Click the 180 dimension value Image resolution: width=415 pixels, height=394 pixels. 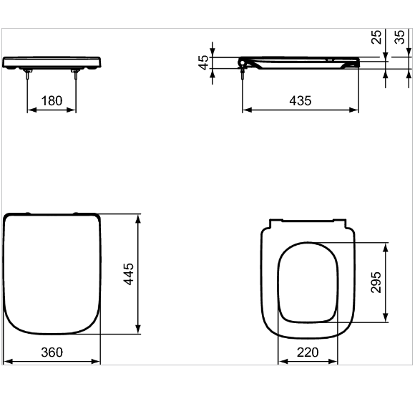point(52,101)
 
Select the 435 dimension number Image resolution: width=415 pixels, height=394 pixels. point(300,101)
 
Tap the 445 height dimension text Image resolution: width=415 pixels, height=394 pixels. point(129,273)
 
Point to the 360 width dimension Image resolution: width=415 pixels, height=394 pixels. point(52,352)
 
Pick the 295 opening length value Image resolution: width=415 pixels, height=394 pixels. point(376,282)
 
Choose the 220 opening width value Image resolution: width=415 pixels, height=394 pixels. point(308,352)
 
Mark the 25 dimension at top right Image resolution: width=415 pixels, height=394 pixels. point(376,37)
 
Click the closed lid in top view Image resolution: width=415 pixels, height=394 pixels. point(52,272)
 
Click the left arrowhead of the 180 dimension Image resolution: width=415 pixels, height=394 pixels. point(31,111)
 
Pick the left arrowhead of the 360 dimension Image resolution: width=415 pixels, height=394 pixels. point(6,361)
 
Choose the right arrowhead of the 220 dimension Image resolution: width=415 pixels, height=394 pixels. point(336,361)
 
